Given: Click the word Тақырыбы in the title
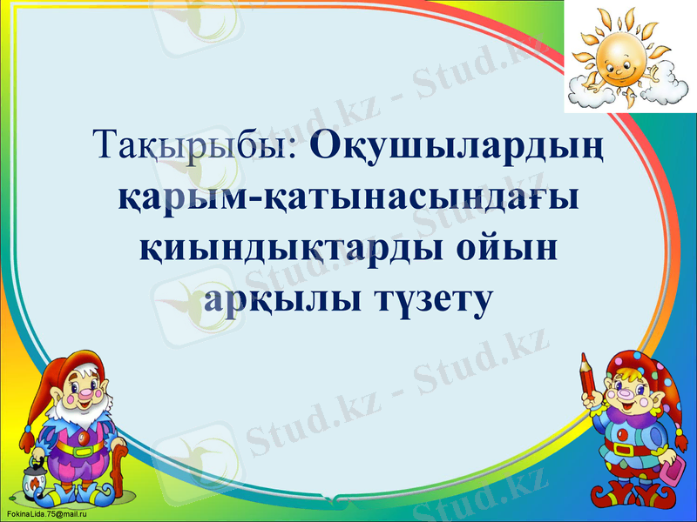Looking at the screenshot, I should click(196, 144).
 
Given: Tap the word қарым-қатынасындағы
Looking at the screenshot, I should click(349, 197).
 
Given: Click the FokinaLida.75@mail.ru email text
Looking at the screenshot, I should click(39, 515).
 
